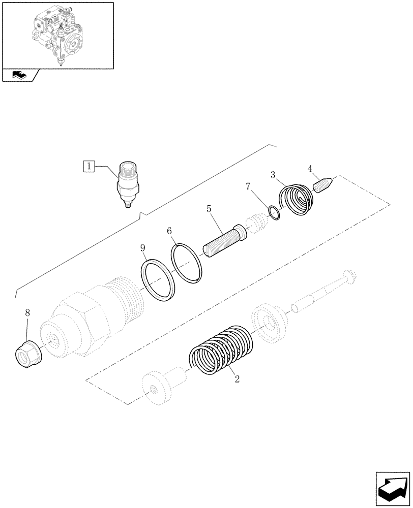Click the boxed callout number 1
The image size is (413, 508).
[89, 166]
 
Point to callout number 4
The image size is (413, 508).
[309, 169]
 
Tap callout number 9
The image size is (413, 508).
[143, 248]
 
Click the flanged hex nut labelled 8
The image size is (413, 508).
[28, 351]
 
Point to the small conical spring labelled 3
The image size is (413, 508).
[298, 201]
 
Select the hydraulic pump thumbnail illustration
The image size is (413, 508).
[57, 35]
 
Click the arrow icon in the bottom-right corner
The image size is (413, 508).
[393, 488]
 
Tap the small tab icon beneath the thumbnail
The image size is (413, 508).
[20, 75]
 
